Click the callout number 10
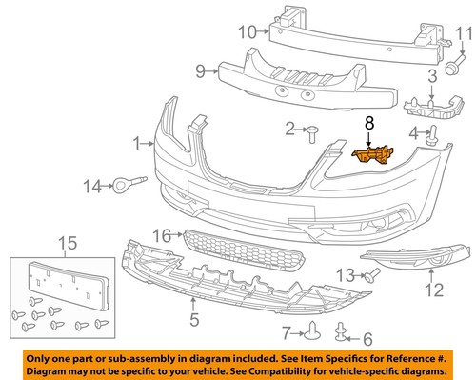click(247, 31)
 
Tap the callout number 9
click(201, 70)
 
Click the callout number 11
click(464, 37)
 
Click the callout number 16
click(164, 234)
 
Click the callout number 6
click(367, 337)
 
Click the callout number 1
click(137, 143)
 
